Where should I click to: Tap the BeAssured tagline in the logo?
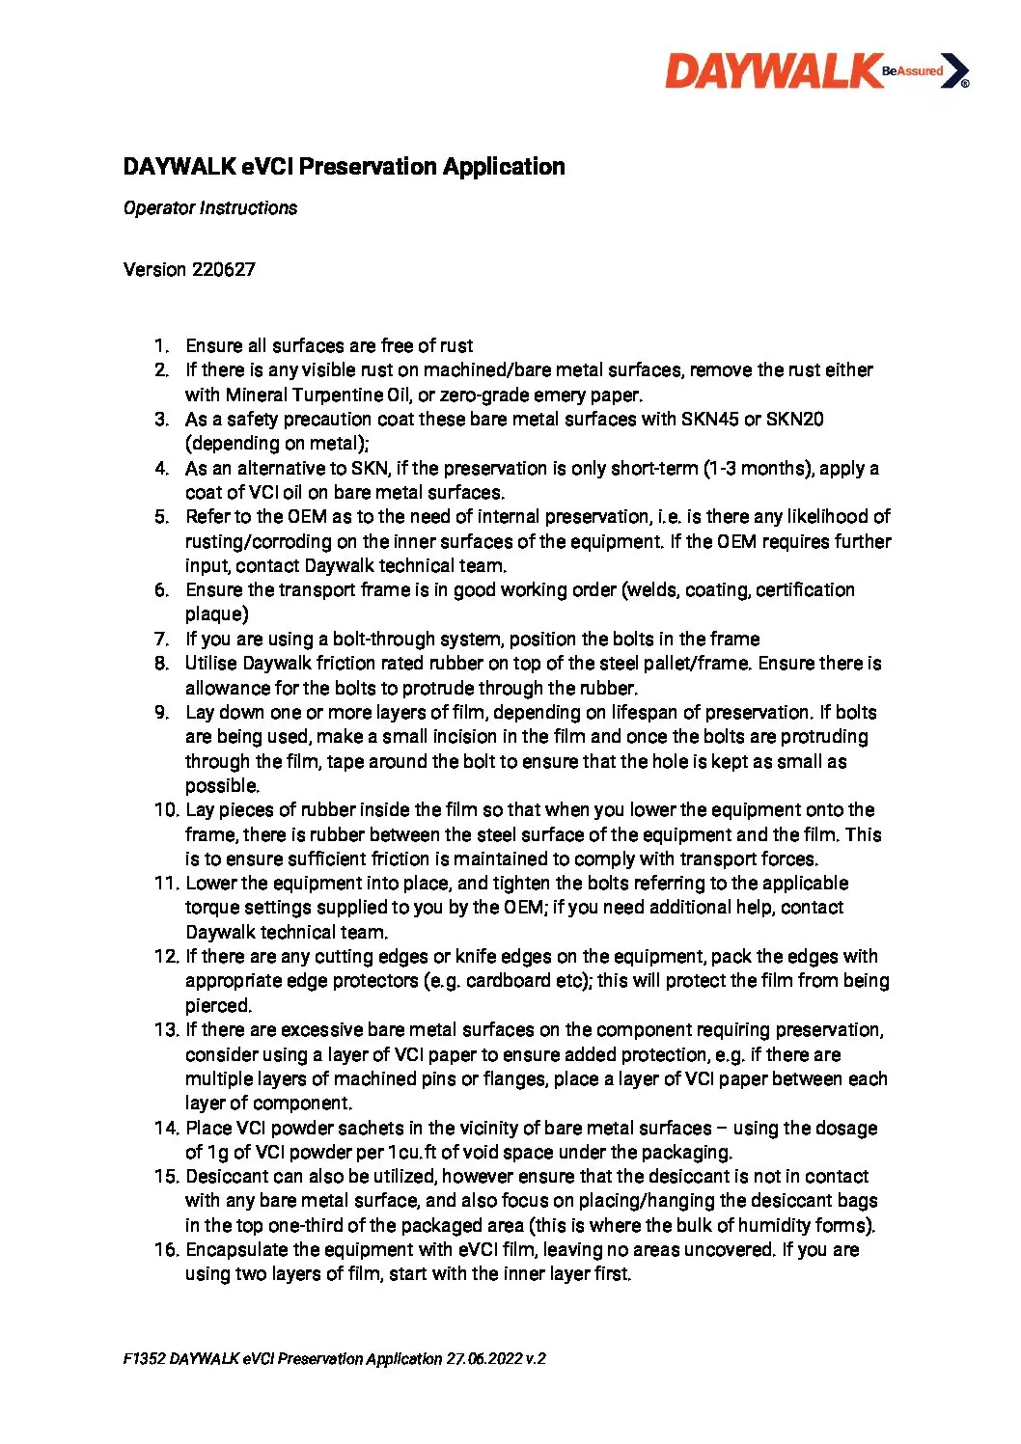[912, 70]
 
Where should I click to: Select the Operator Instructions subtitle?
[210, 208]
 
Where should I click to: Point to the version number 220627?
[223, 270]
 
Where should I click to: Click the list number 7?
[161, 640]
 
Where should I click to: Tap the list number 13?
[166, 1030]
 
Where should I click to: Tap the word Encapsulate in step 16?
[236, 1250]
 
